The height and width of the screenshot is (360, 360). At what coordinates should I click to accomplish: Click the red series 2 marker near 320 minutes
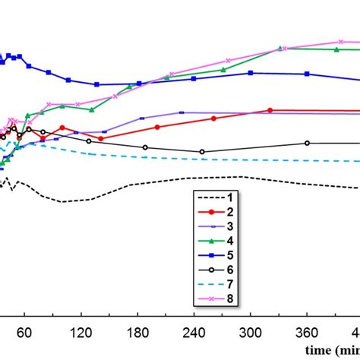tap(270, 110)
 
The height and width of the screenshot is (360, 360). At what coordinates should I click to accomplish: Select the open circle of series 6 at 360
tap(307, 143)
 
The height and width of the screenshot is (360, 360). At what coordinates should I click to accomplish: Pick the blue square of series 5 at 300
tap(251, 73)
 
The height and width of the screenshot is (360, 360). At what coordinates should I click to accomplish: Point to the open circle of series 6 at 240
tap(202, 152)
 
